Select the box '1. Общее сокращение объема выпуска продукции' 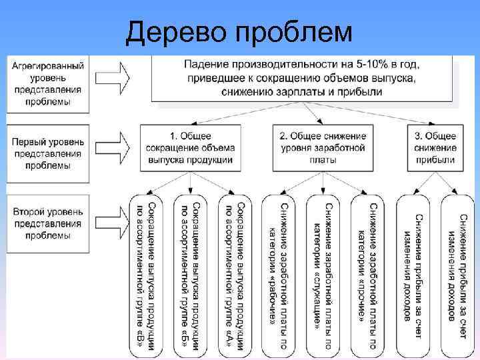[190, 147]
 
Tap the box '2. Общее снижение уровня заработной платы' [323, 147]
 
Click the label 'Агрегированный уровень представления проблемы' [47, 83]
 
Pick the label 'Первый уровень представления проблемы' [47, 153]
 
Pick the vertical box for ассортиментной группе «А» [235, 273]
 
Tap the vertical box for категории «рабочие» [279, 273]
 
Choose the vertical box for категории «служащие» [323, 273]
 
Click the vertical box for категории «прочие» [367, 273]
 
